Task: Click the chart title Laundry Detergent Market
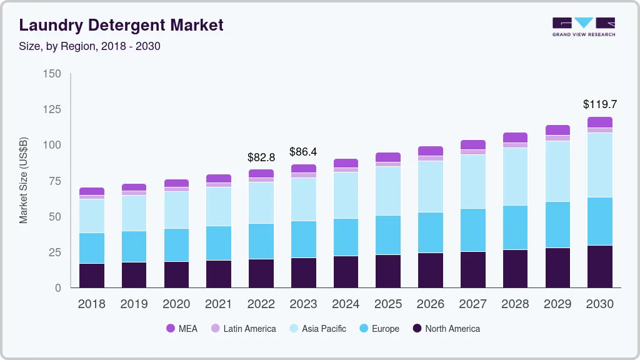(121, 26)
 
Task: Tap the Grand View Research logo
(584, 26)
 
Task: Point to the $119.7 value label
(600, 104)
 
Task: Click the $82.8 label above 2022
(261, 157)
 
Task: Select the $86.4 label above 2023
(303, 152)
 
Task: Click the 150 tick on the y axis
(52, 74)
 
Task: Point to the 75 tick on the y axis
(55, 181)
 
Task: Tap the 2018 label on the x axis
(92, 304)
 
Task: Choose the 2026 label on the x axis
(431, 304)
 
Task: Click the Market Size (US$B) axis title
(24, 179)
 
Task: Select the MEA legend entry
(181, 329)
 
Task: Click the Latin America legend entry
(243, 329)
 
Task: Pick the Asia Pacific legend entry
(317, 329)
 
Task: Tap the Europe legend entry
(379, 329)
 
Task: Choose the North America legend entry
(446, 329)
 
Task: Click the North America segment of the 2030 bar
(600, 266)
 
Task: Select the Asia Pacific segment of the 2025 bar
(388, 191)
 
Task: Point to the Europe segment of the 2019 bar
(134, 246)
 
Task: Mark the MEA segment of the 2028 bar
(515, 137)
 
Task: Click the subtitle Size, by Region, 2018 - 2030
(89, 46)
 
